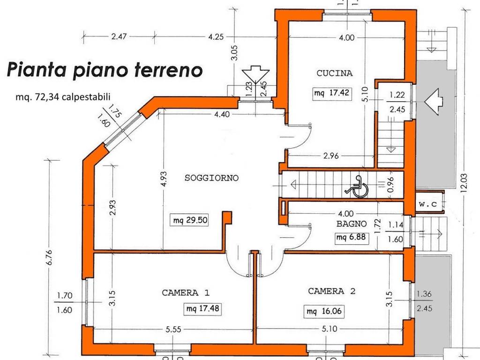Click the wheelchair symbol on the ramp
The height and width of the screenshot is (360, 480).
357,185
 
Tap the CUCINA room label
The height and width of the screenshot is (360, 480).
334,73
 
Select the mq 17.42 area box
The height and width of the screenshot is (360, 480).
332,93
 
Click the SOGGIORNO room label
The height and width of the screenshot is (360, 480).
212,178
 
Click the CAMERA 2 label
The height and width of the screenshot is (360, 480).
331,291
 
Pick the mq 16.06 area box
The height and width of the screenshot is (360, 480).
322,310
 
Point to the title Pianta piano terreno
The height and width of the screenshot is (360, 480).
105,70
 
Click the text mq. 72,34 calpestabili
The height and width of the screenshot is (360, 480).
63,97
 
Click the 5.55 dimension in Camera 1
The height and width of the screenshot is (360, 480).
173,330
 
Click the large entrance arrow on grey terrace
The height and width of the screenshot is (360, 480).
433,100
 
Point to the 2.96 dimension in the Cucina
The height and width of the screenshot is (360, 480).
330,156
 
